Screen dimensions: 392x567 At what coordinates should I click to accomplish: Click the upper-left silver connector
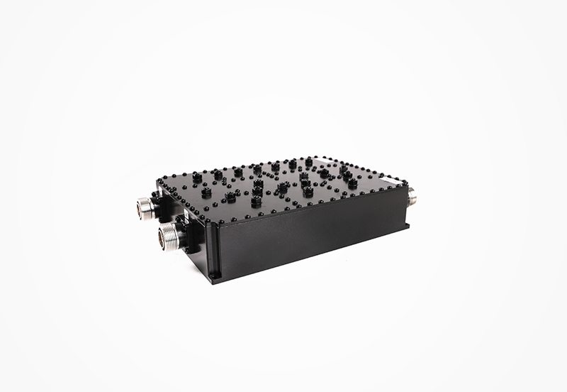pyautogui.click(x=145, y=207)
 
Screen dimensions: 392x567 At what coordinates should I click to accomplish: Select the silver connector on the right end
pyautogui.click(x=411, y=195)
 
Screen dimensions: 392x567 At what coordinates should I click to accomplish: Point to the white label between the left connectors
pyautogui.click(x=186, y=212)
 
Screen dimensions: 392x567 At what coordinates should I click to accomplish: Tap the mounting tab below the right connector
pyautogui.click(x=407, y=226)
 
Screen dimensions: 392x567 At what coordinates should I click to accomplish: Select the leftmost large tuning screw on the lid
pyautogui.click(x=196, y=178)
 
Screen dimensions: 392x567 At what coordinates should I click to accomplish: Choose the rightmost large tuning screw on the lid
pyautogui.click(x=352, y=184)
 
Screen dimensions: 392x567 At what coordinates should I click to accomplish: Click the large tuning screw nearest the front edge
pyautogui.click(x=256, y=202)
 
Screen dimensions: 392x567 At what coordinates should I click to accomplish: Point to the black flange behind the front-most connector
pyautogui.click(x=186, y=234)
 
